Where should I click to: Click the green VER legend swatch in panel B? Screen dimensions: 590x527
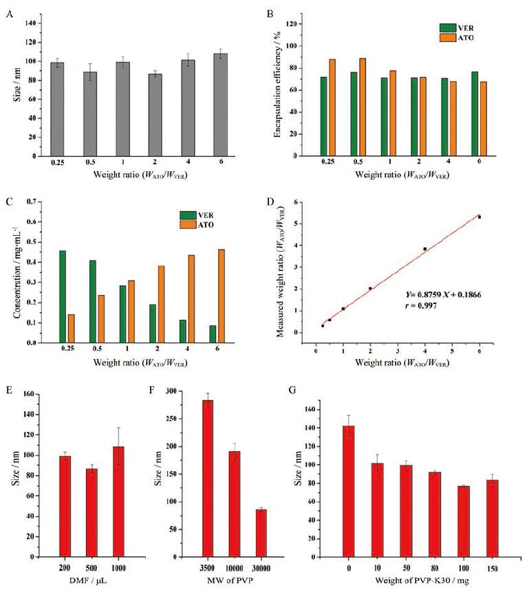click(x=449, y=28)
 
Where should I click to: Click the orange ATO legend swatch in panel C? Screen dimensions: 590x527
click(x=187, y=226)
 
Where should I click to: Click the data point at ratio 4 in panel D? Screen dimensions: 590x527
click(x=425, y=248)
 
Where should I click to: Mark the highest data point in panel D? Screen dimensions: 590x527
click(x=480, y=217)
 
